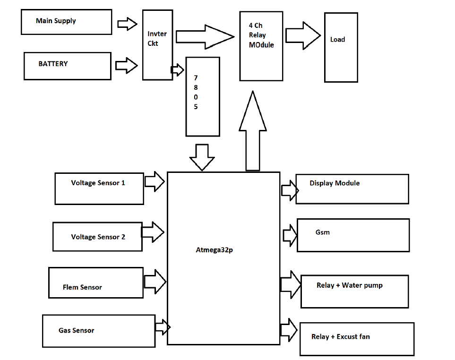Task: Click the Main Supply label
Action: (56, 21)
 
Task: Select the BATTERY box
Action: (68, 66)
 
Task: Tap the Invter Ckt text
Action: (157, 39)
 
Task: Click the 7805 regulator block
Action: (203, 96)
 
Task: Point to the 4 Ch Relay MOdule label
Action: (261, 35)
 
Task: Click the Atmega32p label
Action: (214, 250)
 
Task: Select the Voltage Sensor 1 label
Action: (98, 183)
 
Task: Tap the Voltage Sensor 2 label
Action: (98, 237)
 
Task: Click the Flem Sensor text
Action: (82, 287)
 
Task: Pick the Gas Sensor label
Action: (76, 331)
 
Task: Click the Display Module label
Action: (335, 183)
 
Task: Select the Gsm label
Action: (322, 232)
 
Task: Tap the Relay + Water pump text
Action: (349, 285)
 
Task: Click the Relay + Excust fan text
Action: (340, 337)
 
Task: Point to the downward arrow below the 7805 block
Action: (202, 157)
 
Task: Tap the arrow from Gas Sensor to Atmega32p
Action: (162, 326)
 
